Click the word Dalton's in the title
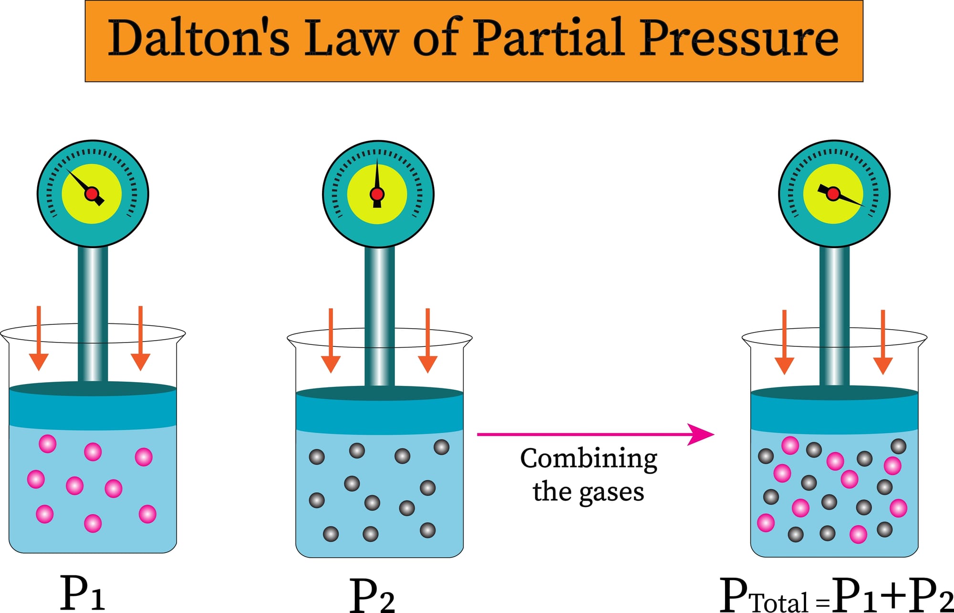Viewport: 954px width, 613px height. click(198, 38)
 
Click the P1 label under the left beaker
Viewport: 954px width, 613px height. click(82, 593)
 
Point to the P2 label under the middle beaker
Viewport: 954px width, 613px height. click(372, 595)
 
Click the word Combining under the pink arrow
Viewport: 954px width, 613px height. click(589, 459)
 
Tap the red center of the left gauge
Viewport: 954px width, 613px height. click(92, 194)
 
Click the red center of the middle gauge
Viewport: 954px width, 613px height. click(377, 194)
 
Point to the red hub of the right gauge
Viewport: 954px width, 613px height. click(833, 194)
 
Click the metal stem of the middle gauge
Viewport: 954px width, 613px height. click(379, 315)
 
